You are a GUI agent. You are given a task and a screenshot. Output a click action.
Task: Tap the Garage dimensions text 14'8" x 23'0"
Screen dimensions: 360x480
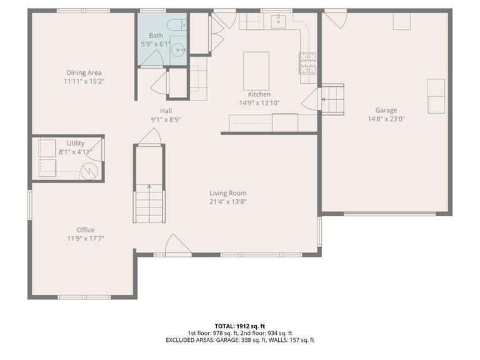tap(386, 119)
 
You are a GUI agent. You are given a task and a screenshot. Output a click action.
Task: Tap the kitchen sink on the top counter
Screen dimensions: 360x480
tap(278, 22)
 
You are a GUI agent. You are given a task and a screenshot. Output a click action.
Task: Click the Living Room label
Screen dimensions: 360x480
tap(227, 193)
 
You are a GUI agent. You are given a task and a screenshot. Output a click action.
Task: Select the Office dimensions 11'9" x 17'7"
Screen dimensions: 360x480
tap(86, 238)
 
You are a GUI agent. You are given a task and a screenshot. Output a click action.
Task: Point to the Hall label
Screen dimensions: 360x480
tap(166, 111)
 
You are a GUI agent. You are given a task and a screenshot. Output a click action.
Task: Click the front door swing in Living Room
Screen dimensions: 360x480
tap(178, 244)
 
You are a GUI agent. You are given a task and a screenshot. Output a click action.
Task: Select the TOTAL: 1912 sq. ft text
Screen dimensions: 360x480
tap(240, 326)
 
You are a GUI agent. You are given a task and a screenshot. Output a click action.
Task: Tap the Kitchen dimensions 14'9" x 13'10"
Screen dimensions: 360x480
tap(259, 102)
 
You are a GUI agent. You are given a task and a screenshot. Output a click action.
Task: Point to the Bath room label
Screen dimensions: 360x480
tap(156, 36)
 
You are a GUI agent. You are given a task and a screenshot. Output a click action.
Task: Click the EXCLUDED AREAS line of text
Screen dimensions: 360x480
tap(240, 340)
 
